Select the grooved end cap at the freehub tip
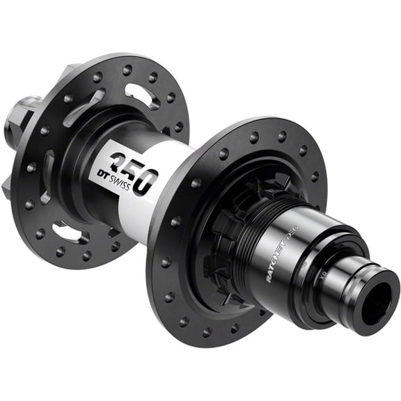372,292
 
